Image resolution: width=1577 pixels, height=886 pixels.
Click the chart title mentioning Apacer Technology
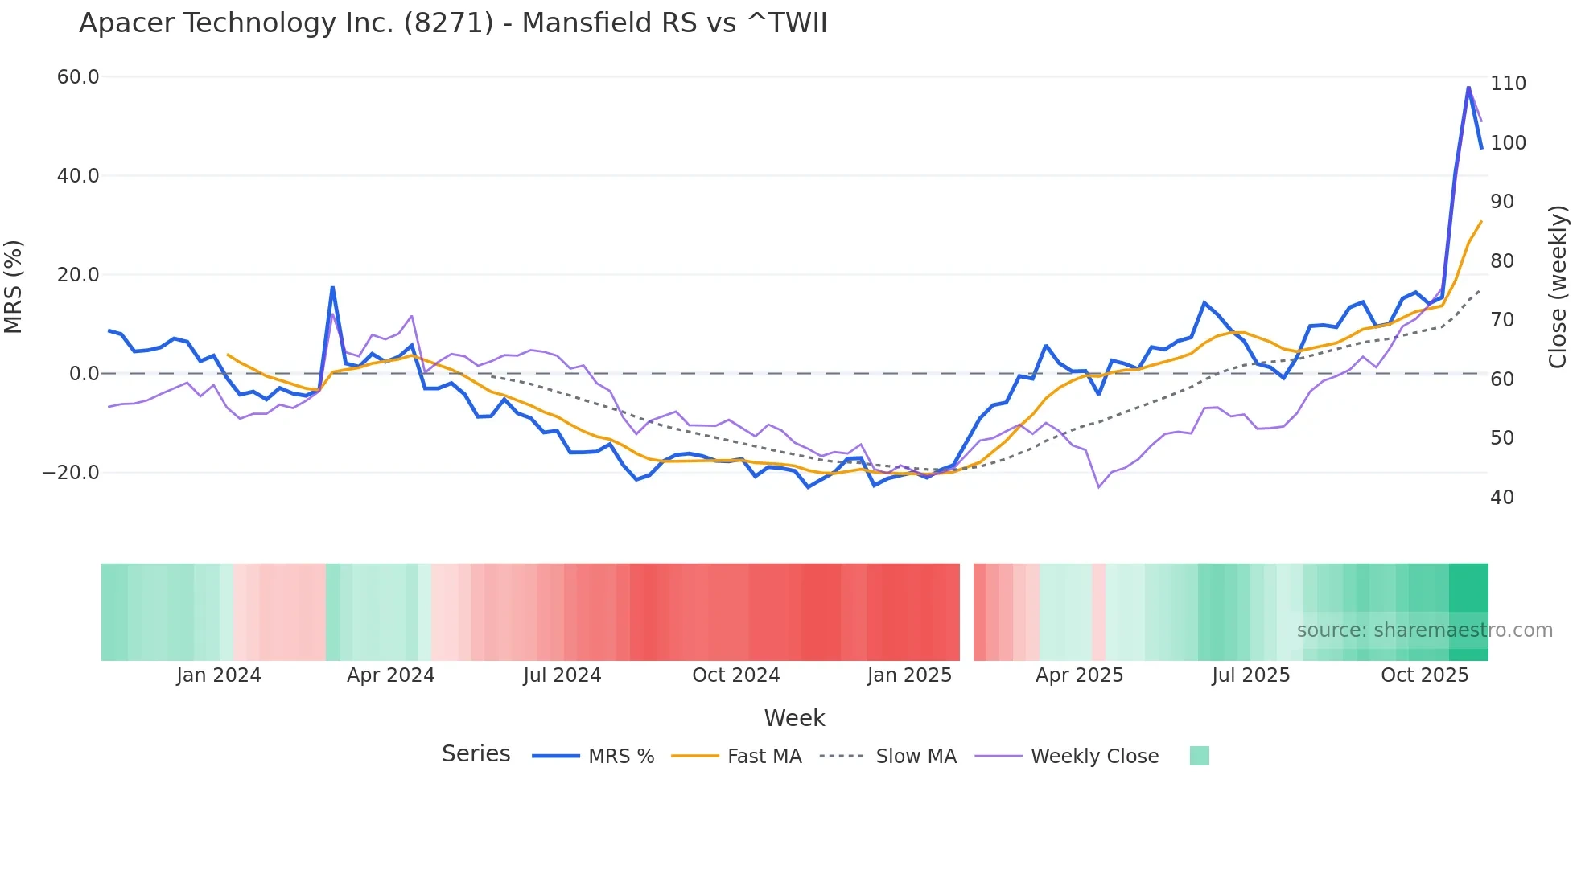tap(453, 23)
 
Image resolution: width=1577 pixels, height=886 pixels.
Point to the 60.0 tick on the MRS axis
tap(78, 77)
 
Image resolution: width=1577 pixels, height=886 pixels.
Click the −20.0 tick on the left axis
tap(71, 473)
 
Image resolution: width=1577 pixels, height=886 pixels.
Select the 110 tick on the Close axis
tap(1508, 84)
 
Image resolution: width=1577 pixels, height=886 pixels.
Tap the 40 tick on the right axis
tap(1502, 498)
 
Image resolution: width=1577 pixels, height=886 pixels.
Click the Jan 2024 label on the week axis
tap(219, 675)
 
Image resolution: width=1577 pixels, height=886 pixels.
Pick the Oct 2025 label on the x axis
tap(1424, 675)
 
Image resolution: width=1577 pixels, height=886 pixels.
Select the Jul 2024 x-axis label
tap(562, 675)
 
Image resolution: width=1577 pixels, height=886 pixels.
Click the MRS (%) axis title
tap(14, 286)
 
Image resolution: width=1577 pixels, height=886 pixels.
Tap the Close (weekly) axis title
tap(1558, 287)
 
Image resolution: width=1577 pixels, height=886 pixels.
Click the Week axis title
tap(794, 718)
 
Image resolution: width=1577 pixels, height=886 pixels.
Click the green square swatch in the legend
tap(1199, 756)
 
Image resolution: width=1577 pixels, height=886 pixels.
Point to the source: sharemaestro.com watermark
tap(1424, 630)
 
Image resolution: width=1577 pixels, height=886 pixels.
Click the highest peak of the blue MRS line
tap(1468, 88)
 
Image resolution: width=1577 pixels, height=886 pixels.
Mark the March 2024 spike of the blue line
tap(332, 287)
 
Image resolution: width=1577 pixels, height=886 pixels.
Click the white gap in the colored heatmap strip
tap(966, 612)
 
